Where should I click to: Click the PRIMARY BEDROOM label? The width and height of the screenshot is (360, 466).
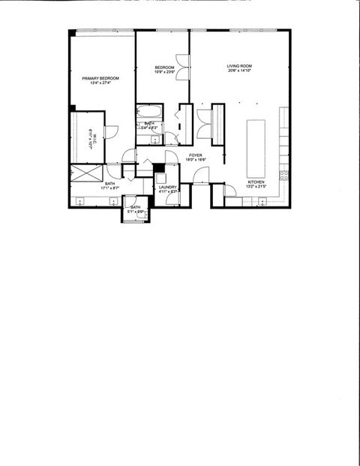100,77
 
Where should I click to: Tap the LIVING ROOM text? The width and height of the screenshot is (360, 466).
238,67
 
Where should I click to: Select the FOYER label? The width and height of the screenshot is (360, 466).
195,155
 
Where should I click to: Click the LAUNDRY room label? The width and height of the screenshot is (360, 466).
167,187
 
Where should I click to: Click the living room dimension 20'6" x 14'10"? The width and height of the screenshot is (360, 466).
238,72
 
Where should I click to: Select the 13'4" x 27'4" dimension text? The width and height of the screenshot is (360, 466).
100,83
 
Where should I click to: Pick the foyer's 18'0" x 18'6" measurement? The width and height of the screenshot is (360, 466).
195,160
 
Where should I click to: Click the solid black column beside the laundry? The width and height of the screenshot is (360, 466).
157,167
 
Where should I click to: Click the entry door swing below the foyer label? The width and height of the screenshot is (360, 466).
200,176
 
